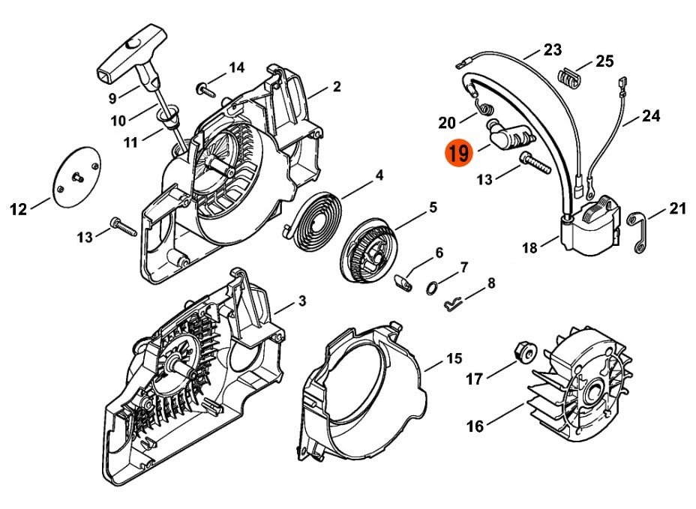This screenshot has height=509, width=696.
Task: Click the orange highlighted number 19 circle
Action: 459,154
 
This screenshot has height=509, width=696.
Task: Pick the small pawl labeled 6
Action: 405,280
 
